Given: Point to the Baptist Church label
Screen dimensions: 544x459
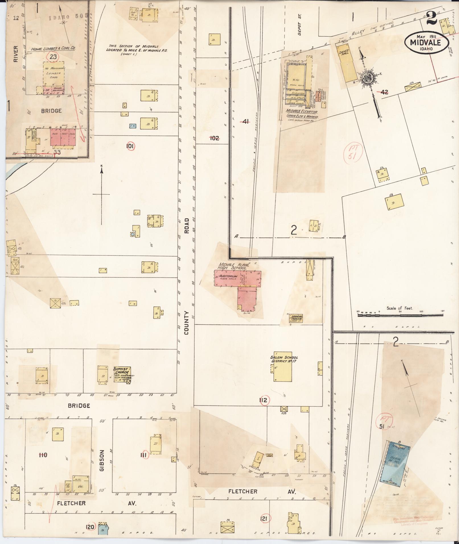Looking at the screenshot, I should click(x=121, y=371).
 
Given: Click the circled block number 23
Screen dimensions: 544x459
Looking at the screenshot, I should click(x=53, y=57).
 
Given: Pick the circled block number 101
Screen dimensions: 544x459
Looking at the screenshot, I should click(x=130, y=146).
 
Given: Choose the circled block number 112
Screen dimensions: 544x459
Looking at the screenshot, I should click(x=263, y=400).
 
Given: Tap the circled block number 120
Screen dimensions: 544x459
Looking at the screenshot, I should click(x=90, y=527).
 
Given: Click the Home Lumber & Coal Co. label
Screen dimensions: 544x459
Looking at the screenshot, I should click(x=53, y=49).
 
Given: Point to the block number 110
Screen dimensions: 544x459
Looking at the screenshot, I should click(x=43, y=455).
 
